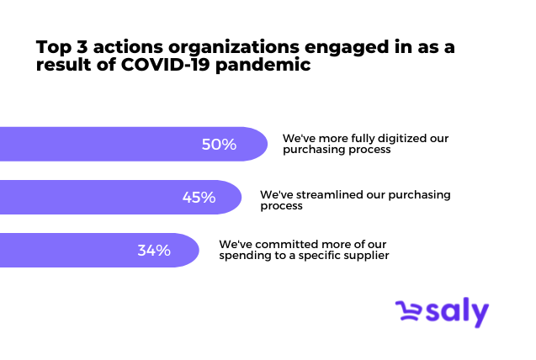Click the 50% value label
(x=219, y=144)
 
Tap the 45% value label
(x=199, y=198)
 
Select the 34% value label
(x=154, y=251)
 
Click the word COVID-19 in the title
(x=165, y=64)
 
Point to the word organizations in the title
(x=233, y=47)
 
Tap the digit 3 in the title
(x=82, y=46)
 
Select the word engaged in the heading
(x=347, y=47)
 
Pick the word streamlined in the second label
(x=329, y=194)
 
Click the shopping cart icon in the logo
(x=408, y=310)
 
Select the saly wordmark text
(x=457, y=312)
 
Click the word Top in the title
(x=54, y=47)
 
